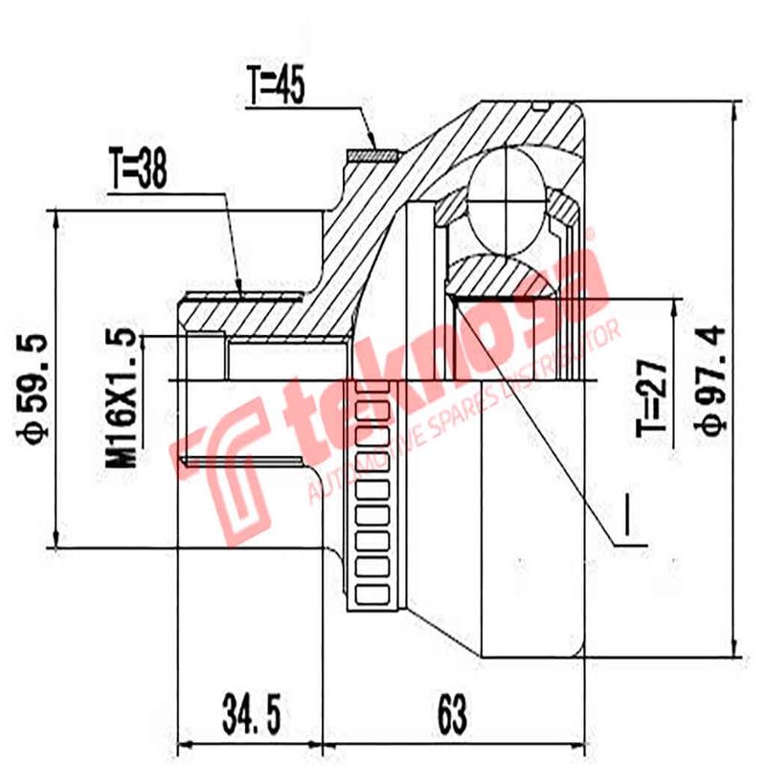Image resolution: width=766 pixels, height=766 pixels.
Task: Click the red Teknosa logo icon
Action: [x=225, y=469]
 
